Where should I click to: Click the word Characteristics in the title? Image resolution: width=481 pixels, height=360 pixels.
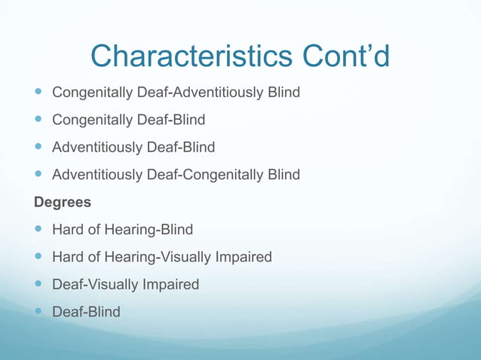coord(178,55)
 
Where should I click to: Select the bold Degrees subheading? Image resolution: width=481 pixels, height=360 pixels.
coord(62,202)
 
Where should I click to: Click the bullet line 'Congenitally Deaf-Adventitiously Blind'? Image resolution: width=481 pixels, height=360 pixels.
coord(176,93)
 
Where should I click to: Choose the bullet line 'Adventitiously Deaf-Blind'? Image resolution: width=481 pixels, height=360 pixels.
coord(133,147)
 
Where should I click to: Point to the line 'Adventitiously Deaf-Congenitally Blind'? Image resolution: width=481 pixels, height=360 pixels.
coord(176,175)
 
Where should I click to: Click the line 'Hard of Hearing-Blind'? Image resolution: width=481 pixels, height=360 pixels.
coord(122,230)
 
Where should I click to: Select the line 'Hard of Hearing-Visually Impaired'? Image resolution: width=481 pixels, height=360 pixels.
coord(161,257)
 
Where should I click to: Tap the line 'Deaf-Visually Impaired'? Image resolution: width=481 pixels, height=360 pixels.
coord(125,285)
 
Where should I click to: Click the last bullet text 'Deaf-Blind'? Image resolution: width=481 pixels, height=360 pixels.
coord(85,312)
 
